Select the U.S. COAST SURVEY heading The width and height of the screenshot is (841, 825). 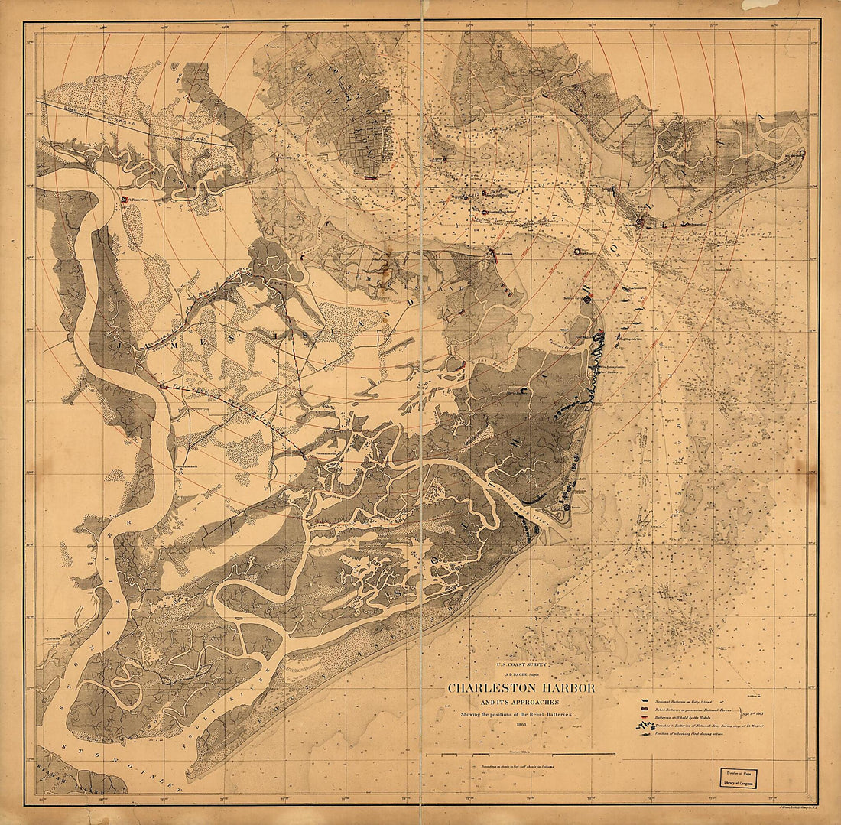522,665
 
